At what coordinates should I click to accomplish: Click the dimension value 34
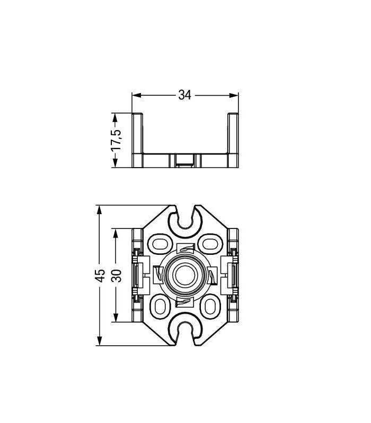[x=184, y=95]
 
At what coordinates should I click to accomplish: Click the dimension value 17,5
[x=117, y=140]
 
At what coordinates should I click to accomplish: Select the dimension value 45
[x=100, y=275]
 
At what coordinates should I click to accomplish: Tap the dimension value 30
[x=117, y=275]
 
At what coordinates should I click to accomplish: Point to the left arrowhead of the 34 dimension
[x=137, y=95]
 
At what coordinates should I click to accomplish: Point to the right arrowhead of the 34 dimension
[x=234, y=95]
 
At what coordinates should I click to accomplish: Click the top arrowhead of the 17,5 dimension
[x=116, y=118]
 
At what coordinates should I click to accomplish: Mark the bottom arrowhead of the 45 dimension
[x=100, y=341]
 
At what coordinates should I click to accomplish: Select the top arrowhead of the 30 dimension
[x=116, y=234]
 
